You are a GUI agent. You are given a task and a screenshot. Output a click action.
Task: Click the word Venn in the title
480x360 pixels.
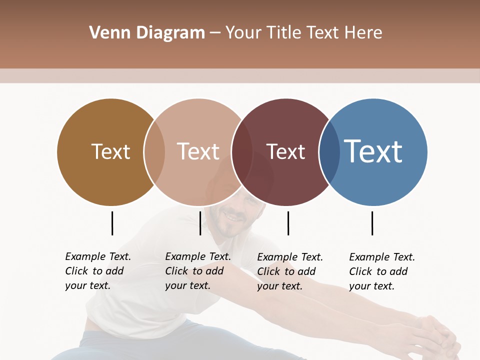tap(104, 33)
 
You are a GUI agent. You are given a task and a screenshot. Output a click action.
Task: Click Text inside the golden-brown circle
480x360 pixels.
tap(110, 151)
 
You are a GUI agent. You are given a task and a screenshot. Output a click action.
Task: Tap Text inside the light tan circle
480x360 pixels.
tap(198, 151)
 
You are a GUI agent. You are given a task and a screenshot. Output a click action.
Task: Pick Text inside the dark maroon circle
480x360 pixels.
tap(285, 151)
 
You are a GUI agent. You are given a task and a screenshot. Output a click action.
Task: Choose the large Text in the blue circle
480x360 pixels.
tap(373, 151)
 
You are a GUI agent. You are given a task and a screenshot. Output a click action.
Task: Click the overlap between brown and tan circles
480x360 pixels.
tap(154, 152)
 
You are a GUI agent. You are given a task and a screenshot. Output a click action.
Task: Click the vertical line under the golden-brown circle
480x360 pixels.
tap(112, 223)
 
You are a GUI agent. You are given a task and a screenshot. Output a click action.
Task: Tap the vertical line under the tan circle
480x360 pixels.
tap(200, 223)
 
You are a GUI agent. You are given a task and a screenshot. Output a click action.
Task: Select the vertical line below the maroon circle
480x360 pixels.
tap(288, 223)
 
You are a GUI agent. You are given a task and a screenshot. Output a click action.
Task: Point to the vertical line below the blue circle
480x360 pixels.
tap(372, 223)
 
